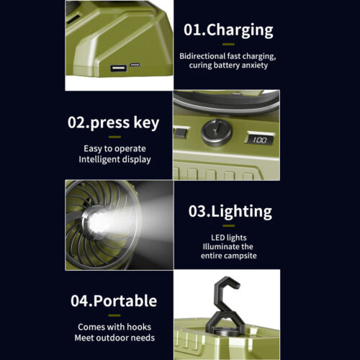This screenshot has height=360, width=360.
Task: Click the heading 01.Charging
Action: [228, 30]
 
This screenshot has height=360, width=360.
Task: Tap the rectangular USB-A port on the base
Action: [118, 68]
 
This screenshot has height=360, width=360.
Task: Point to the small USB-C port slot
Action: [135, 65]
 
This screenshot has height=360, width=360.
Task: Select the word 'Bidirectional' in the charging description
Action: [202, 56]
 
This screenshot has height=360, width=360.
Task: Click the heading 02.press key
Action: [113, 122]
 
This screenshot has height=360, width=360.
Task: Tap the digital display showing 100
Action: [260, 140]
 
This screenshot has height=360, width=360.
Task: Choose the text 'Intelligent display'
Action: [114, 159]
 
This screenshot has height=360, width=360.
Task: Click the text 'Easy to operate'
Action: [114, 149]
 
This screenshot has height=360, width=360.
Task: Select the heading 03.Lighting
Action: [230, 212]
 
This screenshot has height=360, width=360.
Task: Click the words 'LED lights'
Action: [229, 238]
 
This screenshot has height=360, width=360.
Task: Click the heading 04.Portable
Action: [114, 301]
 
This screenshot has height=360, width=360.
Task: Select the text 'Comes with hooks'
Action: [114, 327]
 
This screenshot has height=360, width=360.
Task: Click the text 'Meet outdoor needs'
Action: [114, 338]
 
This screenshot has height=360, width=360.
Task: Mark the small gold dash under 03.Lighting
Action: [228, 226]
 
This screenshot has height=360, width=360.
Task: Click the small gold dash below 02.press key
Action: [114, 137]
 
